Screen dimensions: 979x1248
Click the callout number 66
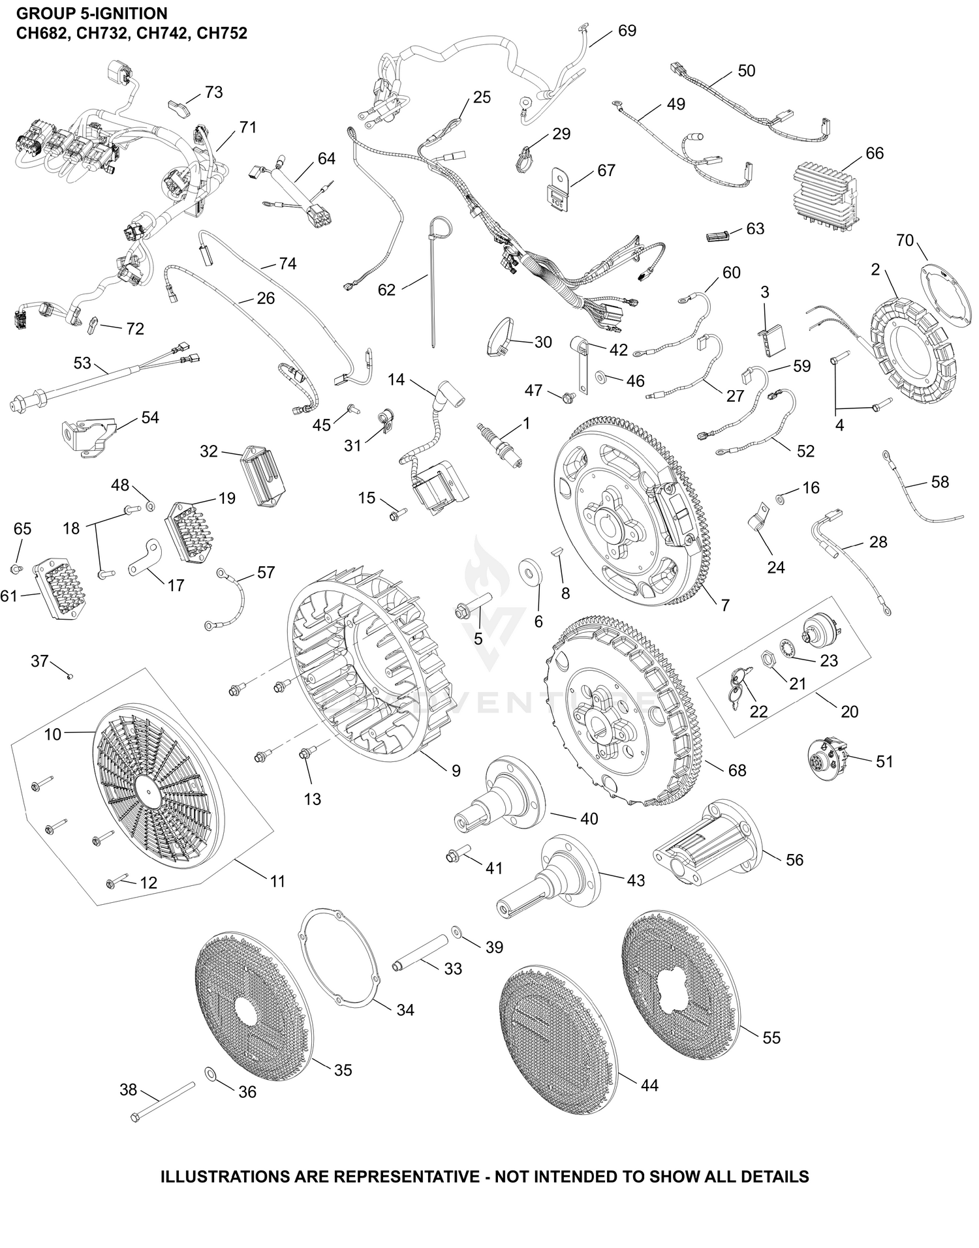tap(875, 153)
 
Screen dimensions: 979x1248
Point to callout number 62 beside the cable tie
tap(387, 290)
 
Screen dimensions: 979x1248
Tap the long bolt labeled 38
tap(164, 1102)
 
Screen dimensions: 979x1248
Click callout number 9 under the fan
tap(456, 771)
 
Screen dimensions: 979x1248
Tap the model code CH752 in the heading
tap(222, 33)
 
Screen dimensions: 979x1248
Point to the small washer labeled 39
tap(456, 929)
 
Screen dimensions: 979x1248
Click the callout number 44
tap(649, 1086)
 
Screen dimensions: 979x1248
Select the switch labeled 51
tap(827, 757)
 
